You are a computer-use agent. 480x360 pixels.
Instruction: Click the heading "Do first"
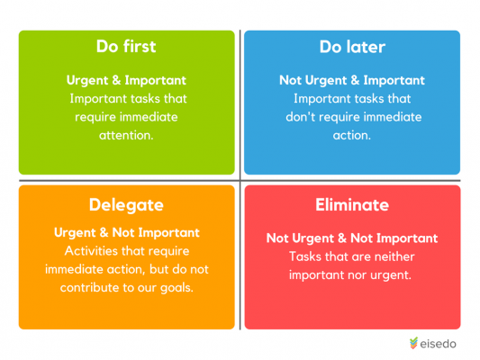click(125, 47)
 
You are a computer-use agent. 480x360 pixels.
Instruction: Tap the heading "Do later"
click(352, 47)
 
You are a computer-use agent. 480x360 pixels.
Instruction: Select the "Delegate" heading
click(125, 204)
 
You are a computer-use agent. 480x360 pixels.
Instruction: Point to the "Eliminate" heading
click(352, 204)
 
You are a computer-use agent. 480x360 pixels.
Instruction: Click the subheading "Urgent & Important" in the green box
click(125, 80)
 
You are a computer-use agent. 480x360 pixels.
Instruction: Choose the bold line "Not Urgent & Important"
click(352, 80)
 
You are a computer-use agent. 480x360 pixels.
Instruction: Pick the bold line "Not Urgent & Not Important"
click(352, 238)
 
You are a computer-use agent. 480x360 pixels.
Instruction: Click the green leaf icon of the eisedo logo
click(413, 343)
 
